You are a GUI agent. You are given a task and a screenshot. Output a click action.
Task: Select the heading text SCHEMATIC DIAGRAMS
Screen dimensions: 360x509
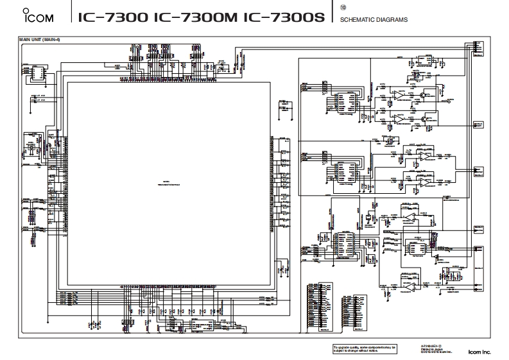pyautogui.click(x=374, y=20)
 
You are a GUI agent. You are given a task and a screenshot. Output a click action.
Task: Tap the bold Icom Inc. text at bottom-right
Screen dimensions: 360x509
pyautogui.click(x=479, y=351)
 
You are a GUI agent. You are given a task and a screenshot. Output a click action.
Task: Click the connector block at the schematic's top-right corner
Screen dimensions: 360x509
pyautogui.click(x=477, y=49)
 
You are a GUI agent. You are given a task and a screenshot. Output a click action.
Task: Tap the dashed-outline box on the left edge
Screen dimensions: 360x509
pyautogui.click(x=31, y=148)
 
